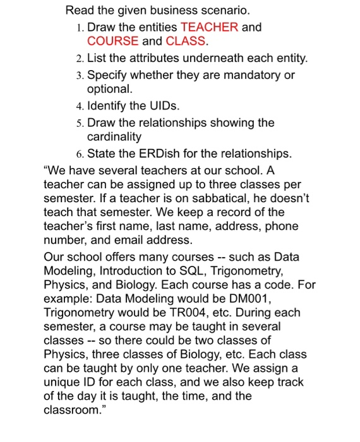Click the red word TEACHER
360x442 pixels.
(x=210, y=27)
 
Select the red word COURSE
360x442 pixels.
(x=112, y=41)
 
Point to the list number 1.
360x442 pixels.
(x=78, y=28)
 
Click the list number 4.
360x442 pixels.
(x=78, y=105)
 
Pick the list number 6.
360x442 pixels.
(x=78, y=153)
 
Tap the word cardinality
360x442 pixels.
(x=114, y=136)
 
